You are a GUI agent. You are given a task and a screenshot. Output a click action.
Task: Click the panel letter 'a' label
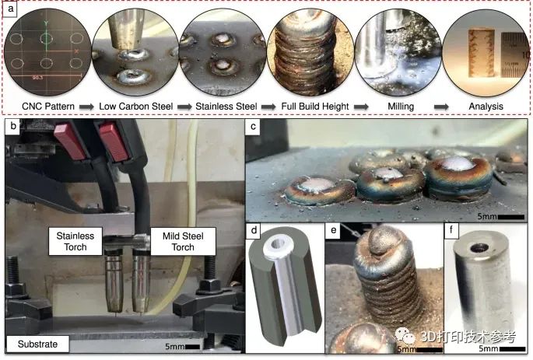pos(11,8)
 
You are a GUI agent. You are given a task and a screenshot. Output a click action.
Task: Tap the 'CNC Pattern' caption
pos(48,107)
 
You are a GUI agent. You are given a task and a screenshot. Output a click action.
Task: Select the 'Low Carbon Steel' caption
pos(136,107)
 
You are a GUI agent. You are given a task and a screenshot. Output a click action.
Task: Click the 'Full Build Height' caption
pos(315,107)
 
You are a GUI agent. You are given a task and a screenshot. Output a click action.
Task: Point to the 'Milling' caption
pos(401,107)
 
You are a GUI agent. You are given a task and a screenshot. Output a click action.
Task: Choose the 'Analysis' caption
pos(486,107)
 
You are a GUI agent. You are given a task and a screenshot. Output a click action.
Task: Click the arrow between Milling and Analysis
pos(441,107)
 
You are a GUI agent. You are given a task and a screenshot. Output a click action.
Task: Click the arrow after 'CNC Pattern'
pos(86,107)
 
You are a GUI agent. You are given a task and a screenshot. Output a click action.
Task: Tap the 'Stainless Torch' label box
pos(75,241)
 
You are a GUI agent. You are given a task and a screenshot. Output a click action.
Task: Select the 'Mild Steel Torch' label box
pos(183,241)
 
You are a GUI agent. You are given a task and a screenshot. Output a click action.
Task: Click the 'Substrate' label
pos(37,344)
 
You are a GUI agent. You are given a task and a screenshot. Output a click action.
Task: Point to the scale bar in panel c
pos(511,217)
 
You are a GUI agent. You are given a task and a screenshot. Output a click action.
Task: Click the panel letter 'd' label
pos(254,230)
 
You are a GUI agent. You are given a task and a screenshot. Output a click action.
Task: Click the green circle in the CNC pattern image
pos(47,38)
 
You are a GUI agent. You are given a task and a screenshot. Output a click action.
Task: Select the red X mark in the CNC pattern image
pos(76,51)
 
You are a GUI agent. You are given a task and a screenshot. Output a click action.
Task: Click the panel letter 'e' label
pos(334,230)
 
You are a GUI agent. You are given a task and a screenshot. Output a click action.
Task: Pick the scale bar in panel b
pos(193,347)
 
